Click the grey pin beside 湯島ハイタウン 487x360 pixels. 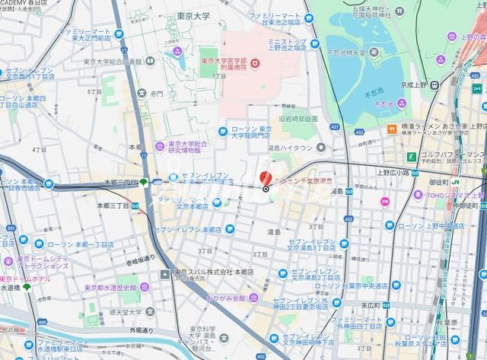pyautogui.click(x=322, y=148)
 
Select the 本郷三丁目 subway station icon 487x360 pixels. pyautogui.click(x=142, y=181)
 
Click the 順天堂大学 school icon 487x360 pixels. pyautogui.click(x=148, y=311)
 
